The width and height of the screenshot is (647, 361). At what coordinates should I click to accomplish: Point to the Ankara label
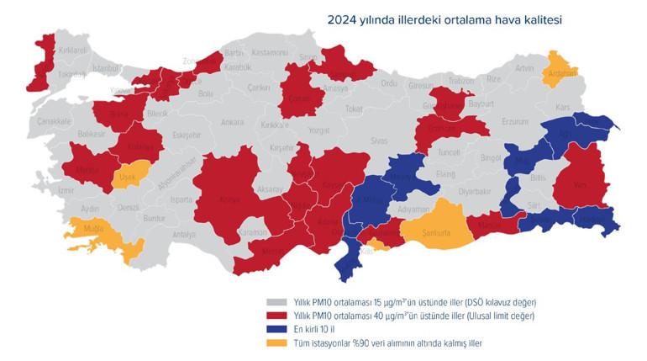232,123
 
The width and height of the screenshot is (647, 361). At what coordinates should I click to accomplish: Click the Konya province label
228,200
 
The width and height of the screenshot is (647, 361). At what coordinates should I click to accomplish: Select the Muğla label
90,227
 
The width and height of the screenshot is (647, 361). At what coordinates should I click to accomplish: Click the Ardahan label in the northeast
560,73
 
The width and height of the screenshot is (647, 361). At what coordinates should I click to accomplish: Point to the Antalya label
183,235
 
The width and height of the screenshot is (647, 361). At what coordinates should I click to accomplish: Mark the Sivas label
380,141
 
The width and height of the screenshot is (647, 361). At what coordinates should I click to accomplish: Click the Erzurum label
514,121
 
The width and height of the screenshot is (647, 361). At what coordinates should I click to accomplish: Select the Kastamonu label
271,52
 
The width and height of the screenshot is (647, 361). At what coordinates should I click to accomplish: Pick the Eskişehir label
186,135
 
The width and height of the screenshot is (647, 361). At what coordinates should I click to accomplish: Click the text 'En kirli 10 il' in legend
316,329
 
